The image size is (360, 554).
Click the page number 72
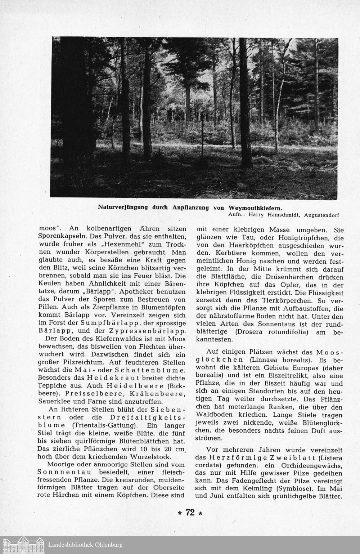(x=190, y=513)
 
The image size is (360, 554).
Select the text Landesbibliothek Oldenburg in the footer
(x=85, y=545)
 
